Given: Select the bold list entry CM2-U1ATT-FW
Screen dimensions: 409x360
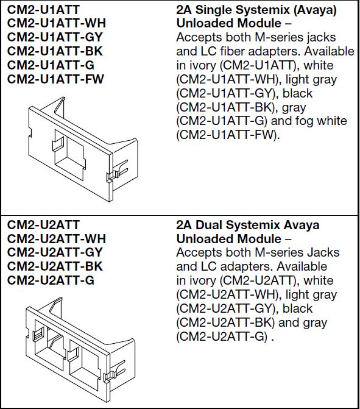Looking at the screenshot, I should click(56, 79).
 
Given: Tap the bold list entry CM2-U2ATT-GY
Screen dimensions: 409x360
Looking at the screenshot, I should click(55, 252).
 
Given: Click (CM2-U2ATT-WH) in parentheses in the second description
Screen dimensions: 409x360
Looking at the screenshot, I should click(222, 295).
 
